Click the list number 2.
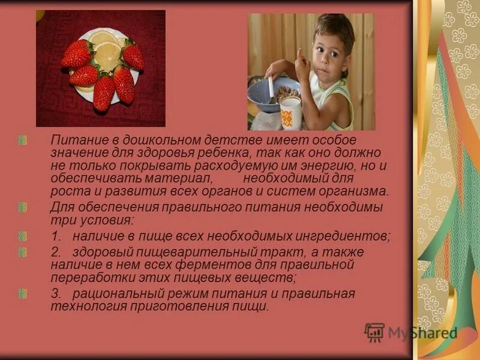tap(55, 251)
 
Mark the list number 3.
tap(55, 293)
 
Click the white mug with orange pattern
tap(290, 113)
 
